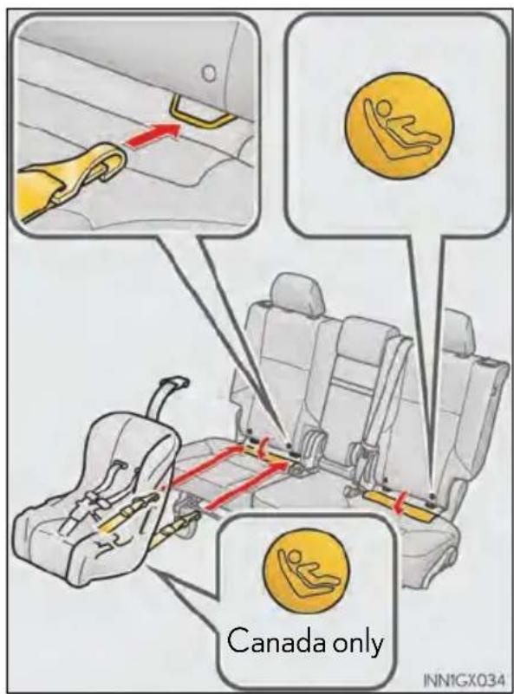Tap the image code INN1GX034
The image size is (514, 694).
pyautogui.click(x=464, y=679)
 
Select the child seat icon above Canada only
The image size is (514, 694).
pyautogui.click(x=306, y=572)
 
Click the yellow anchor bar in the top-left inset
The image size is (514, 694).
pyautogui.click(x=201, y=112)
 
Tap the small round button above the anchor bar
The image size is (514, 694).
pyautogui.click(x=209, y=73)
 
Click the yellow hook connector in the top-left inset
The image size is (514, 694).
pyautogui.click(x=71, y=177)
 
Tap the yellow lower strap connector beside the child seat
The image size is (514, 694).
pyautogui.click(x=177, y=524)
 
